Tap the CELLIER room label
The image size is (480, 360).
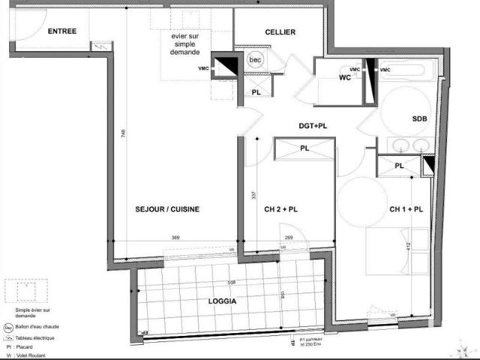[x=280, y=31]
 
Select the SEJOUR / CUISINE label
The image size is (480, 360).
[x=167, y=209]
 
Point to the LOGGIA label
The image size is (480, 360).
[x=221, y=301]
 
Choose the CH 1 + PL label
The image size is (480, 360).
[x=406, y=209]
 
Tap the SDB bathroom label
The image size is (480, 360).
[x=420, y=119]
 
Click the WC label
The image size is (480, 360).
[x=345, y=77]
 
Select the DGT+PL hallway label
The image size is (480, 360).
[x=313, y=126]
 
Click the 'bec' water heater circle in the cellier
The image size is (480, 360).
[x=255, y=60]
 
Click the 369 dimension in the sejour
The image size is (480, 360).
[x=175, y=238]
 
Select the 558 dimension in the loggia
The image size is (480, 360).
[x=232, y=282]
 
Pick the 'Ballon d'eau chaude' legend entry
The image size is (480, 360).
[x=40, y=327]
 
